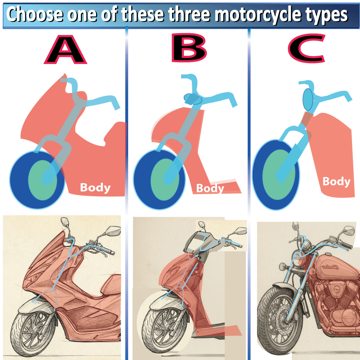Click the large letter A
coord(66,49)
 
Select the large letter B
coord(189,48)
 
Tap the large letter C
coord(307,49)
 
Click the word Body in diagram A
coord(95,188)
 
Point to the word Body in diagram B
coord(210,189)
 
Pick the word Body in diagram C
coord(336,181)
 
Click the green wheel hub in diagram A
coord(43,180)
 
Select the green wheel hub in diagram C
coord(279,175)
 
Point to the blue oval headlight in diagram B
coord(193,99)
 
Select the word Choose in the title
coord(35,14)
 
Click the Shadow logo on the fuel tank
coord(330,267)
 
